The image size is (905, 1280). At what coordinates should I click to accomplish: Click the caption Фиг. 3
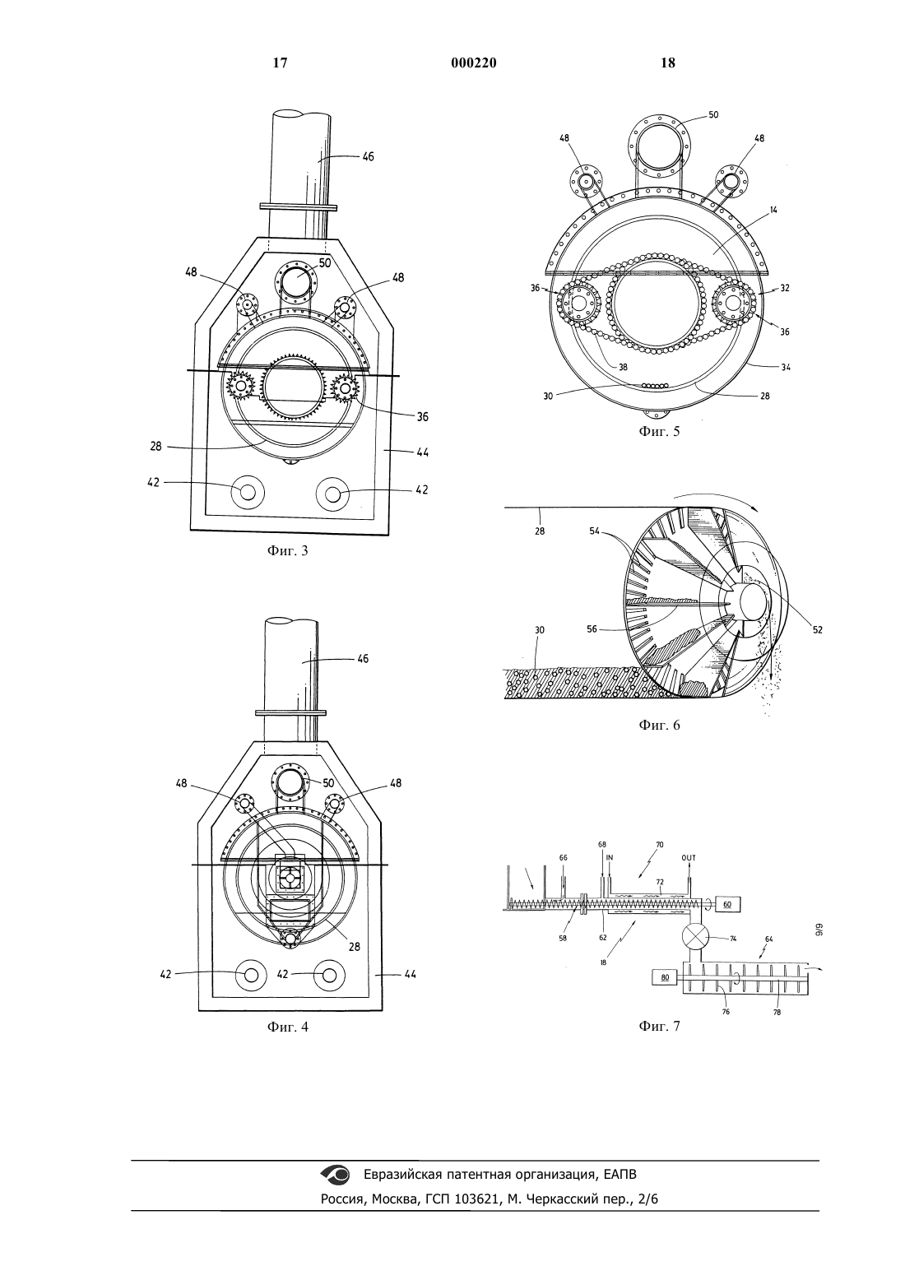[x=287, y=551]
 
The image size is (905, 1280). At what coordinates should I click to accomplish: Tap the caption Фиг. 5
[x=659, y=431]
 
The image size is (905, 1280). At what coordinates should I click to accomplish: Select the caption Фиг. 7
[x=659, y=1027]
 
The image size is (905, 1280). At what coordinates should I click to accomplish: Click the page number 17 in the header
[x=280, y=63]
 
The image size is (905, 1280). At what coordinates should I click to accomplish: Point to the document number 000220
[x=474, y=63]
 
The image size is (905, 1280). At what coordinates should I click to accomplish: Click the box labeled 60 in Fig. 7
[x=727, y=905]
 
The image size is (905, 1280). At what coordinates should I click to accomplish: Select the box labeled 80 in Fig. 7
[x=665, y=977]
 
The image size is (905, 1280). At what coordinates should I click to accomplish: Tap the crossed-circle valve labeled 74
[x=694, y=937]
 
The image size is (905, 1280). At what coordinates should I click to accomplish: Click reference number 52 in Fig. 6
[x=817, y=629]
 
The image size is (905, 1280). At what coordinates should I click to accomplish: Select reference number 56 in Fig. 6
[x=592, y=629]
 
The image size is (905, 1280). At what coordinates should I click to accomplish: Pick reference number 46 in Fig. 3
[x=368, y=156]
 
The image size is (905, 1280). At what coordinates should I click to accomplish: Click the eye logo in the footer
[x=336, y=1174]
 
